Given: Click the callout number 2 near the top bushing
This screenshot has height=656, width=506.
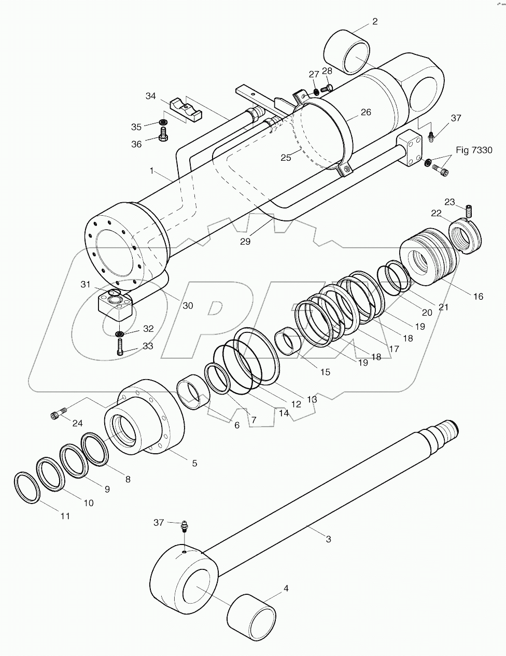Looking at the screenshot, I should click(374, 21).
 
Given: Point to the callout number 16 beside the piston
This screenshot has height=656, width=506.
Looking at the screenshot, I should click(477, 296).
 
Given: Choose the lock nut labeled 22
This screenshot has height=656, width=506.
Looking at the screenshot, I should click(466, 236).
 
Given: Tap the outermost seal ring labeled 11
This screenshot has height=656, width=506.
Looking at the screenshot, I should click(25, 487).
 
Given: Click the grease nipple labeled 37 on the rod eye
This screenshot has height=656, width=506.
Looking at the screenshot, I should click(185, 527).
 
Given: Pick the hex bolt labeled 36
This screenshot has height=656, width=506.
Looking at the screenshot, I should click(162, 136).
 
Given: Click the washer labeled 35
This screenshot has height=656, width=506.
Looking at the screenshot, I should click(163, 122).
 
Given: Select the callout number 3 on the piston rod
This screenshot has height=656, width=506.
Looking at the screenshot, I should click(328, 539).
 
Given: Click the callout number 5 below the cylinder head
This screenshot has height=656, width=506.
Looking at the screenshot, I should click(194, 463).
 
